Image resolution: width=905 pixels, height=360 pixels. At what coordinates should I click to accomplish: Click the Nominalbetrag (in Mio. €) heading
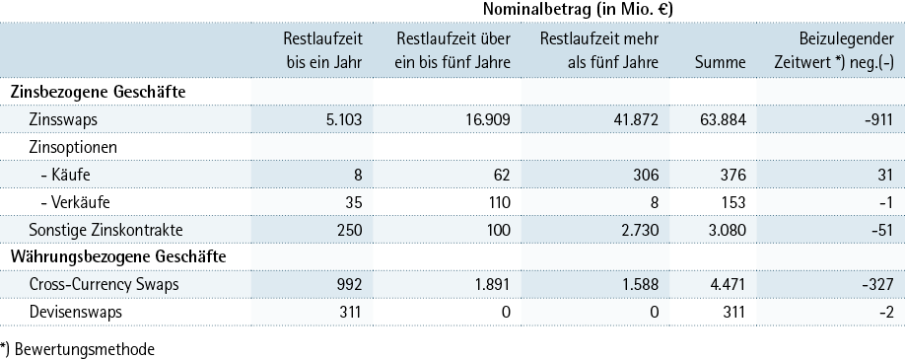pos(578,10)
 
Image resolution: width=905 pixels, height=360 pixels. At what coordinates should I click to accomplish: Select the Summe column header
pos(720,62)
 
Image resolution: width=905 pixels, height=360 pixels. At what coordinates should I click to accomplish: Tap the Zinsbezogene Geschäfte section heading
pos(99,93)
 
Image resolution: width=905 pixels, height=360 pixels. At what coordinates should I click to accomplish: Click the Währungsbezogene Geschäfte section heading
pos(118,256)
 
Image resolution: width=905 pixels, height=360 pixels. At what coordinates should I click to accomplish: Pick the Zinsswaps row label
pos(63,119)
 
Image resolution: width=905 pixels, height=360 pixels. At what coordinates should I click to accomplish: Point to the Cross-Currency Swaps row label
pos(104,285)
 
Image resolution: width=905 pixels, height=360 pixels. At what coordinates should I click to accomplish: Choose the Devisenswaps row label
pos(76,313)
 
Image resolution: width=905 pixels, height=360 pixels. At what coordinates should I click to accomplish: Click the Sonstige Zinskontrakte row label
pos(105,230)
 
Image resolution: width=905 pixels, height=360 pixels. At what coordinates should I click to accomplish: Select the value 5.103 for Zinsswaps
pos(342,119)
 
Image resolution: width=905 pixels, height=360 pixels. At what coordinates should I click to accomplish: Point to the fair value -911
pos(879,119)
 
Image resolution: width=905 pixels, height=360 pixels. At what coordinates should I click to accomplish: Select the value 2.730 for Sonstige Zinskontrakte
pos(639,230)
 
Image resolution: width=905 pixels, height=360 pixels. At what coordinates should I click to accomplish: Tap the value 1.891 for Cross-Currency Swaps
pos(491,285)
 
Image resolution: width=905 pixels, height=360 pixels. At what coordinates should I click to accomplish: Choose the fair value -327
pos(878,285)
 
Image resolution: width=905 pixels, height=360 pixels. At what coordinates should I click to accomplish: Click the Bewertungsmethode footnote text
pos(77,349)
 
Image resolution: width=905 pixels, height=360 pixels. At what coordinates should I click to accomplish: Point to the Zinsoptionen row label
pos(73,147)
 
